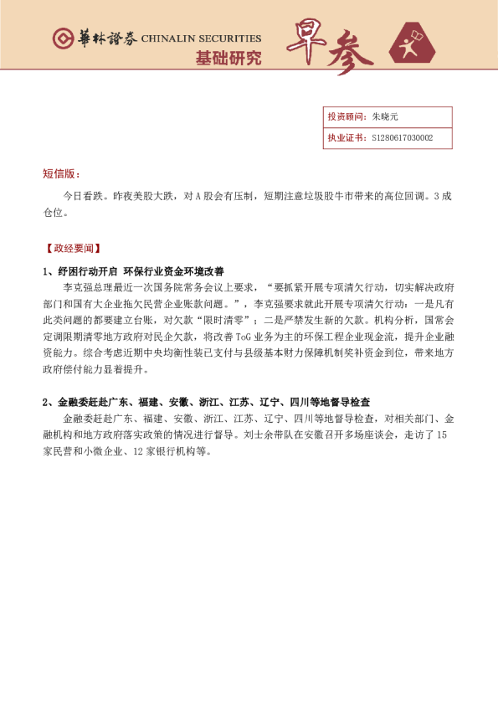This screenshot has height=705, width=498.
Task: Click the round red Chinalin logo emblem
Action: point(63,39)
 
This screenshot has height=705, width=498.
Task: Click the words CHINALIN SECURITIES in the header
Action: point(201,39)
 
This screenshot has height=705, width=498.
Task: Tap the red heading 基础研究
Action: point(228,58)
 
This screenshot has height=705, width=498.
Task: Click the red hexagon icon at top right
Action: point(413,43)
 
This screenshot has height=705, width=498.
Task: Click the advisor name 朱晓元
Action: point(386,117)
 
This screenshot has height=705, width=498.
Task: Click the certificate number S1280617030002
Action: point(402,138)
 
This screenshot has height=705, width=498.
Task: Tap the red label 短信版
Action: point(61,174)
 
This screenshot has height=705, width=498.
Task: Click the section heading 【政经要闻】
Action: point(72,249)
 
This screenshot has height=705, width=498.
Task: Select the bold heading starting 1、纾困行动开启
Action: point(134,271)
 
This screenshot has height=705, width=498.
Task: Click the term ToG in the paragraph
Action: point(243,336)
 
